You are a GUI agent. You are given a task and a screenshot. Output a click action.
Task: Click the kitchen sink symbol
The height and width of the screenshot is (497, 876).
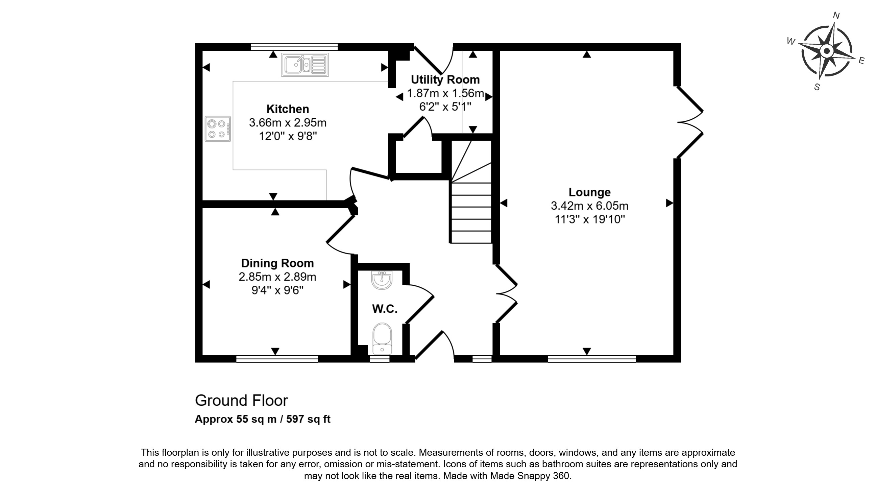coord(305,65)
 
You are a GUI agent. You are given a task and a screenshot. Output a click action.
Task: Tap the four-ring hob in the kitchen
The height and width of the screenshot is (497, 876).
coord(218,129)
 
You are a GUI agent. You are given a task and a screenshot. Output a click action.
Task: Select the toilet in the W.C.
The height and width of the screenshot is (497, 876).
coord(382,338)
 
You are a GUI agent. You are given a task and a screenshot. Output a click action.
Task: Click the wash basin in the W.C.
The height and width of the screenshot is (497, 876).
coord(382,280)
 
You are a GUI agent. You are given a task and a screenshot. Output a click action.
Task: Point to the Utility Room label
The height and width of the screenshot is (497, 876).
coord(445,79)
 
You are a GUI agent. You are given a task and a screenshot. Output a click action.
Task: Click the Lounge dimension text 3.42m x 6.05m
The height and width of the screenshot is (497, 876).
coord(589,206)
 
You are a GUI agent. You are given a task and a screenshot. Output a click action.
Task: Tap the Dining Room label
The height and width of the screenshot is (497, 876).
coord(277,263)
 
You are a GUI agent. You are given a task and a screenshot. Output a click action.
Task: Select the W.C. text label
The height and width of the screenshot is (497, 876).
coord(385,309)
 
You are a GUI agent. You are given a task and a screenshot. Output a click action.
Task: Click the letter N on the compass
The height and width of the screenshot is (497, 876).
coord(836,15)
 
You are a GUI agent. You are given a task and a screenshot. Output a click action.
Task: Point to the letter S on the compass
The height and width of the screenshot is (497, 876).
coord(817,87)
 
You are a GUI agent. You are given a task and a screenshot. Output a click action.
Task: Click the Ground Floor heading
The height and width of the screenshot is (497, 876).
coord(241,400)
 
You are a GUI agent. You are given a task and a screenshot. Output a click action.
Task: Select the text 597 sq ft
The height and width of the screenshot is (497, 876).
coord(308,419)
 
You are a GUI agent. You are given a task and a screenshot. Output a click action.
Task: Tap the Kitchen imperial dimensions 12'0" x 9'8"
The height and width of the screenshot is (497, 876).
coord(288,136)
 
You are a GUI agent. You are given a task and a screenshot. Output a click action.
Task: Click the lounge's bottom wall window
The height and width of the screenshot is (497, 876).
coord(591,358)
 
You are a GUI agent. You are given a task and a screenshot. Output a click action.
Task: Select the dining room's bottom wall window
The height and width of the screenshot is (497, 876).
coord(277,358)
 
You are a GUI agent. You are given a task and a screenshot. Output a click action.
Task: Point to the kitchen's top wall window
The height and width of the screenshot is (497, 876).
coord(294,47)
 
